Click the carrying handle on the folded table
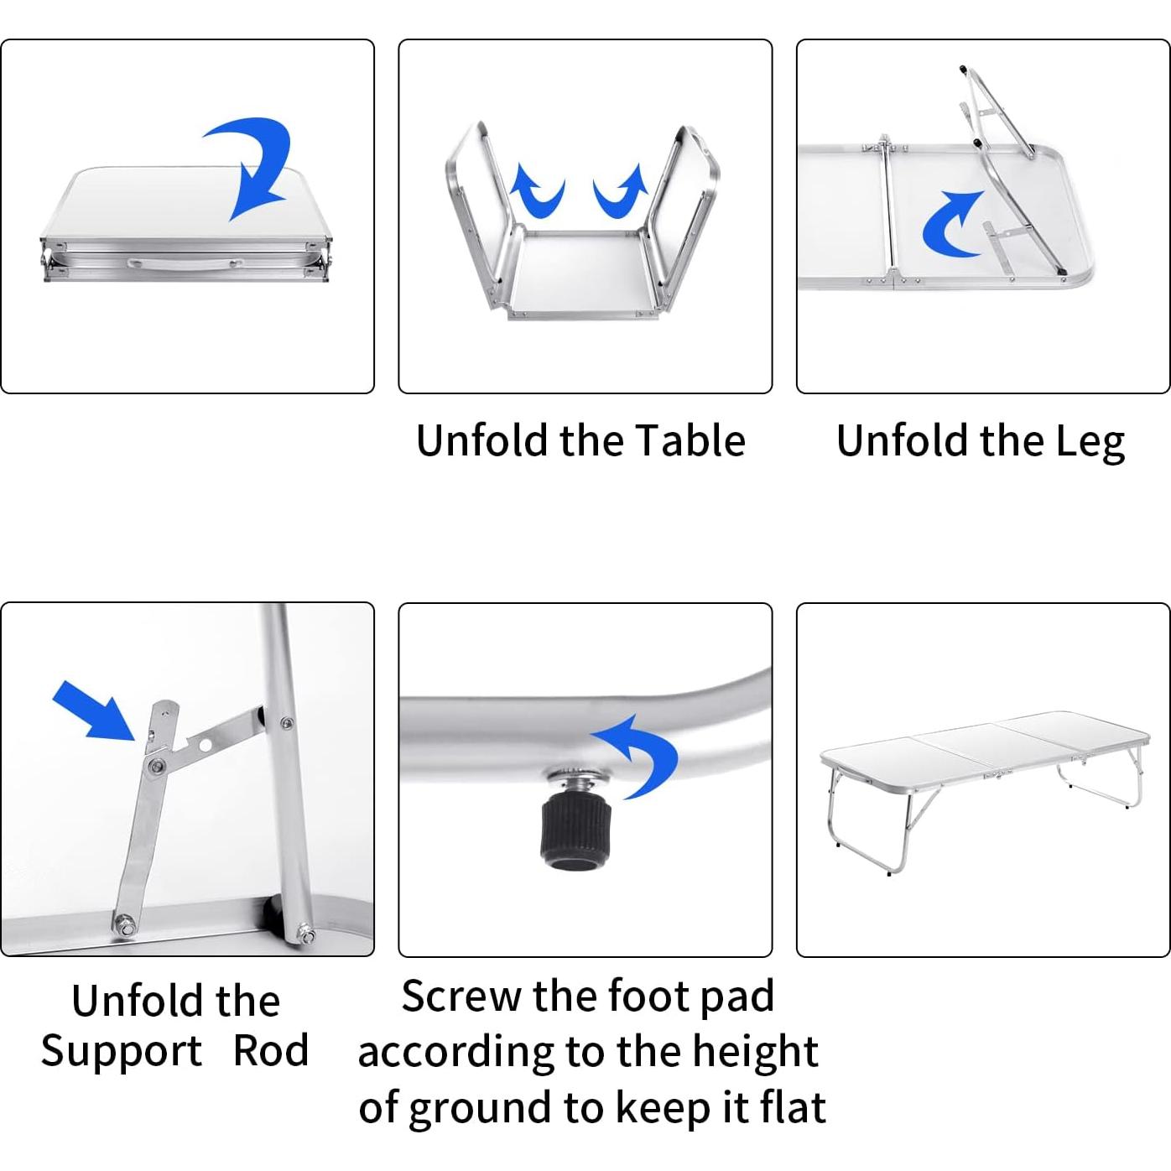point(185,262)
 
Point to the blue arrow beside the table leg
point(950,225)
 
